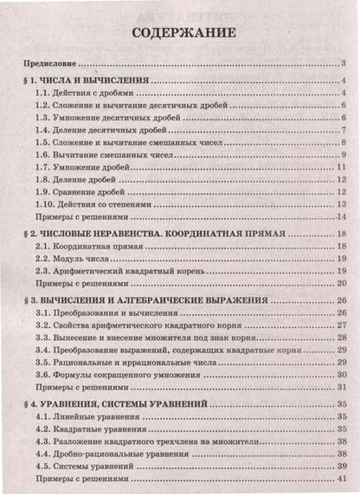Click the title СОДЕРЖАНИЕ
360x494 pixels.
pos(183,34)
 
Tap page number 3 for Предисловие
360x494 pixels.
pos(344,64)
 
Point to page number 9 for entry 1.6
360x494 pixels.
pos(344,154)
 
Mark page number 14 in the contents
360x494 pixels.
pos(342,216)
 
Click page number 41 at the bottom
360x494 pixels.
pos(342,478)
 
